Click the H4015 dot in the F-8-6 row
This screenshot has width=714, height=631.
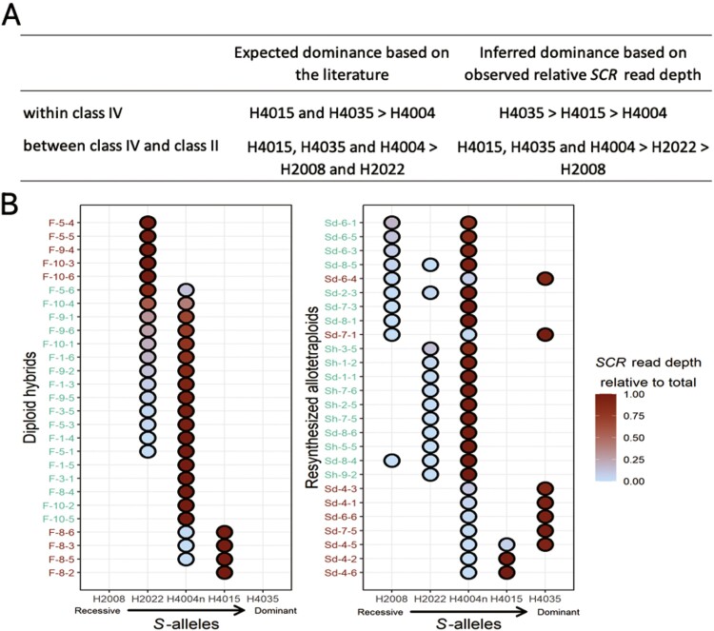(x=225, y=532)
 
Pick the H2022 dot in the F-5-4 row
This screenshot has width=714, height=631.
(x=148, y=223)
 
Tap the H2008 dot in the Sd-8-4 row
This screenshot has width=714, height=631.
(x=390, y=461)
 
